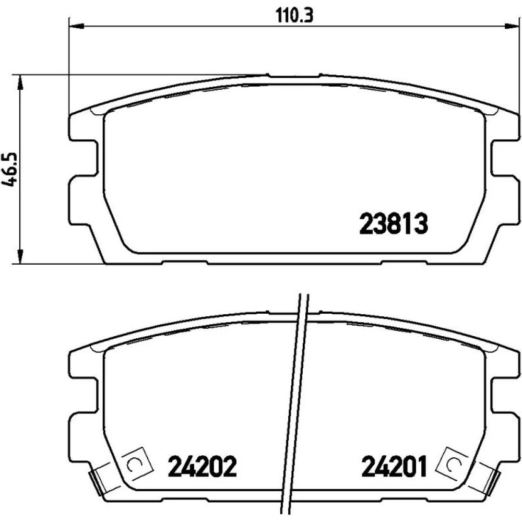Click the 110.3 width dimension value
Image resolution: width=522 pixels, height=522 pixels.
(294, 15)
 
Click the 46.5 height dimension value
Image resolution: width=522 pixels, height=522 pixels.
(9, 170)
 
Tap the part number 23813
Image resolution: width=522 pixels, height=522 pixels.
(394, 223)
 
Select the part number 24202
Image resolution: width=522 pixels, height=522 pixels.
(203, 466)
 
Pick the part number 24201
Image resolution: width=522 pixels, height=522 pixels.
(394, 466)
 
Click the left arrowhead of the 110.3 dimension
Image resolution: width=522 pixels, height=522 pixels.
(76, 26)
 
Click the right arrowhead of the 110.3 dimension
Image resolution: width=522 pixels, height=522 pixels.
(512, 26)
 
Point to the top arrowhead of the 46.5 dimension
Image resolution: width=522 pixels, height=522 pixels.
(21, 82)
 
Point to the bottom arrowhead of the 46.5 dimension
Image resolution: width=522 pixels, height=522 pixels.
(21, 256)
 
